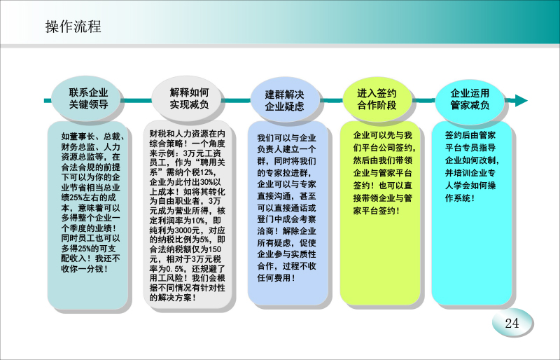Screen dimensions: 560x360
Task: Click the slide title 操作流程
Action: pos(73,27)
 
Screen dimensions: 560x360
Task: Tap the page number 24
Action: pos(512,323)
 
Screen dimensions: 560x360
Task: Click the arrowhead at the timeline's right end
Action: pos(521,100)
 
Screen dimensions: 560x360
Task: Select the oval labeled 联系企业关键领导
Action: pos(88,98)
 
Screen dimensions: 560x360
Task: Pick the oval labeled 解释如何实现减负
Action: pos(188,98)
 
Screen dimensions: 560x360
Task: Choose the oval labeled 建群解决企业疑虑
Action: pos(284,100)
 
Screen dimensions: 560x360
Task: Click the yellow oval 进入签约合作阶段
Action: pos(377,99)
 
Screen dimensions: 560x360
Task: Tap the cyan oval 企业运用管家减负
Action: pos(470,99)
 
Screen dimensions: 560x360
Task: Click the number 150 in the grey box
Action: pos(215,249)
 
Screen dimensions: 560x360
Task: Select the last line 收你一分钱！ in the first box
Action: pos(85,268)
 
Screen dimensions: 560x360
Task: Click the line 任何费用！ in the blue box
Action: pos(276,277)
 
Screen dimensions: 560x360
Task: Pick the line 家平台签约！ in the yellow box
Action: pos(377,210)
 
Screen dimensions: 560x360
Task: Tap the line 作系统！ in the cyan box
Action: pos(460,198)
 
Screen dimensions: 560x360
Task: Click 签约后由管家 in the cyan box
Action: pos(470,135)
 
